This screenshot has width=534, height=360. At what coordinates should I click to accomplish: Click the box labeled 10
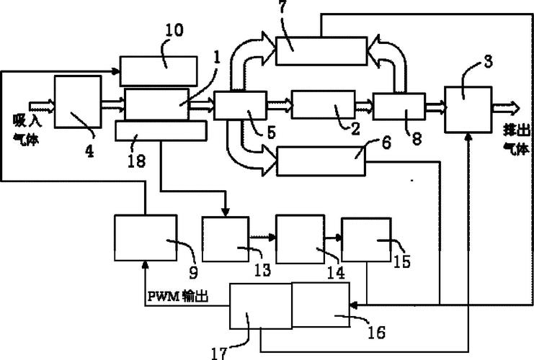(x=159, y=70)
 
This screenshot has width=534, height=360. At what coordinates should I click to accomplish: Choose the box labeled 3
(x=467, y=108)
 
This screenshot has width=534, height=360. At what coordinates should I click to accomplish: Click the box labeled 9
(x=145, y=238)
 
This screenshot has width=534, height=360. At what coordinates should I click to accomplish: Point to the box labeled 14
(x=299, y=238)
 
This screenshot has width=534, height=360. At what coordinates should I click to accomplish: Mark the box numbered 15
(x=365, y=240)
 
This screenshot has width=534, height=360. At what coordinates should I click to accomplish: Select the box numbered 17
(x=260, y=307)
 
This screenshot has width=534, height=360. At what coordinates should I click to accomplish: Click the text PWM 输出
(x=178, y=295)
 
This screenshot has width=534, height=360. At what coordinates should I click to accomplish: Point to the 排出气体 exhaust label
(x=516, y=140)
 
